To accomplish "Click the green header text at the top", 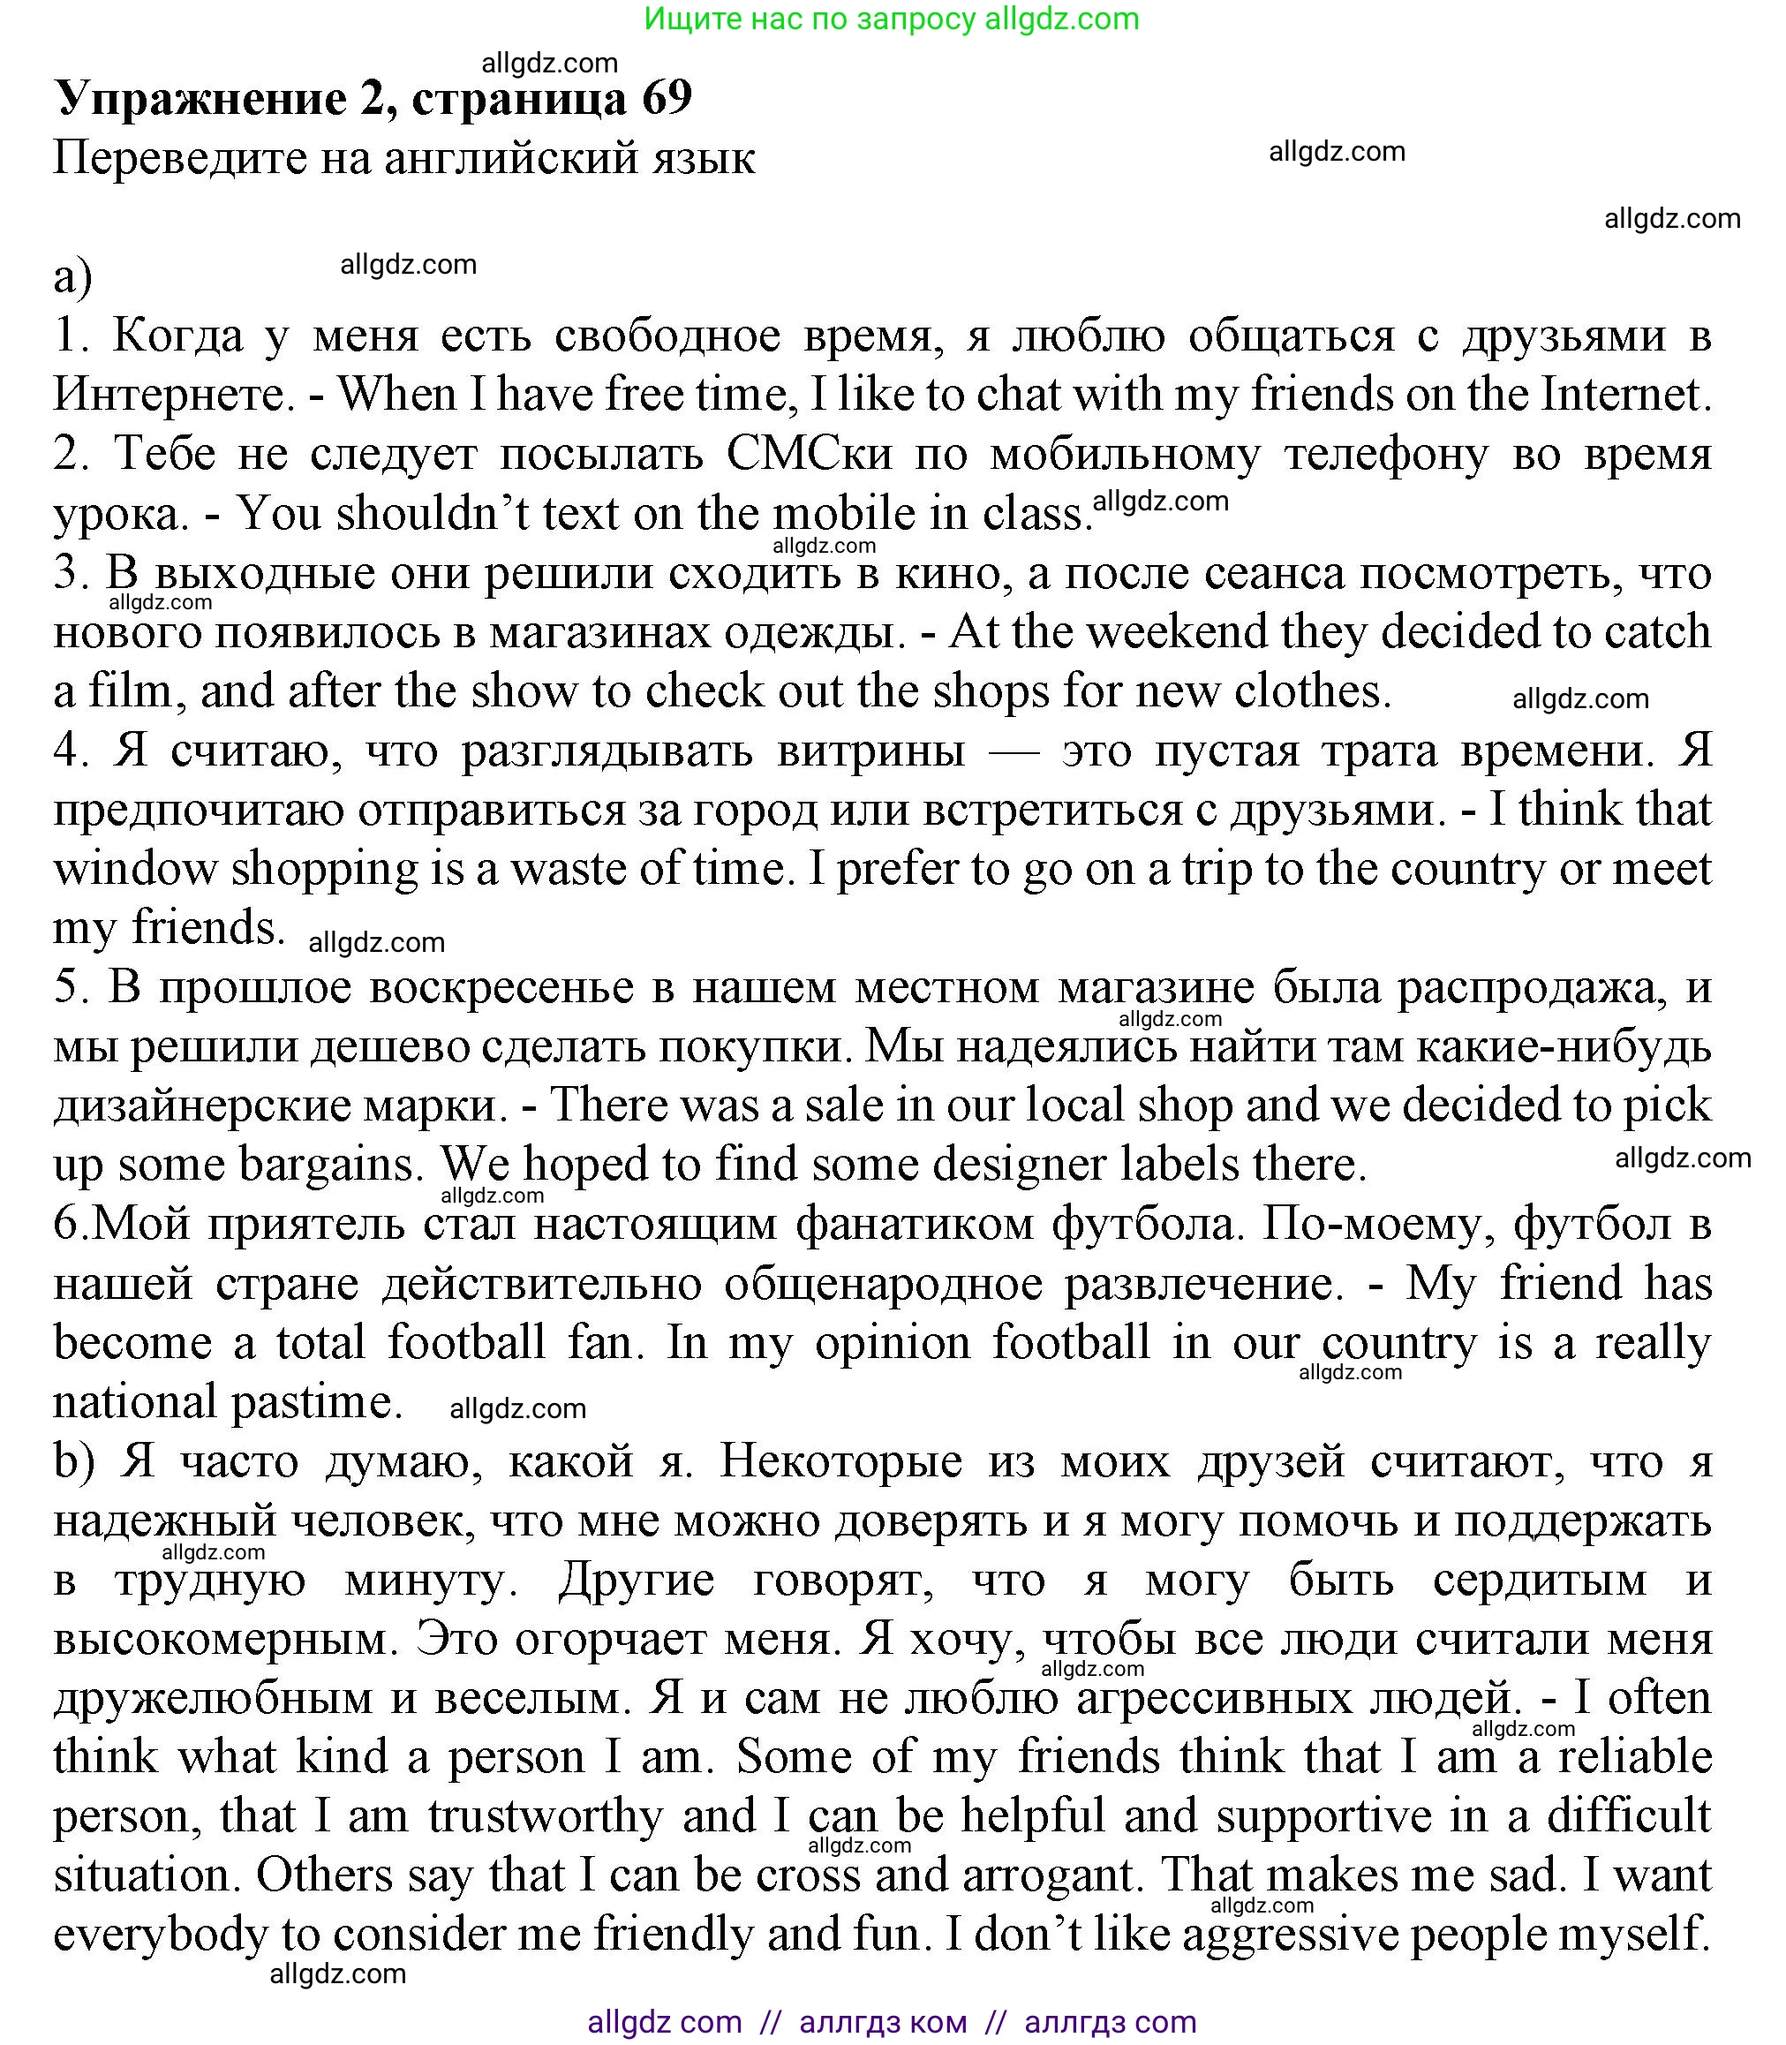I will [x=891, y=19].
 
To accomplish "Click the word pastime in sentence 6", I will [x=315, y=1402].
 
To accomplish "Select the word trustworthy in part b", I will [x=546, y=1815].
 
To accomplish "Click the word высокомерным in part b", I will [x=218, y=1639].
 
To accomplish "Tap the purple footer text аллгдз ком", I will [x=882, y=2022].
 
